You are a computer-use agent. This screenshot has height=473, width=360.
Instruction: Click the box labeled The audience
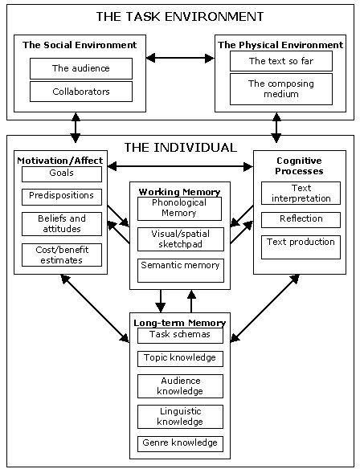click(81, 68)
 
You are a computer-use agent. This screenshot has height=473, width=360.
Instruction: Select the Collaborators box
click(81, 92)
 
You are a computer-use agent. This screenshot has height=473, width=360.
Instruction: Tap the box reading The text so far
click(281, 61)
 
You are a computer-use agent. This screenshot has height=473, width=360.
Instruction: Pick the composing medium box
click(281, 89)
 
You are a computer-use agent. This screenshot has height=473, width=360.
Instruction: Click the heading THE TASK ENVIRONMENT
click(180, 16)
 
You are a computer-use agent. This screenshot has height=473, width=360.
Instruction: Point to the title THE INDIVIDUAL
click(181, 148)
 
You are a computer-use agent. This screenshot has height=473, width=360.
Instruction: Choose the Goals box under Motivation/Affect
click(62, 174)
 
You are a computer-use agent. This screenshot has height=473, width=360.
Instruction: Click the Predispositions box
click(62, 197)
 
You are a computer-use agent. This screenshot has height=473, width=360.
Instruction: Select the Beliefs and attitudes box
click(62, 224)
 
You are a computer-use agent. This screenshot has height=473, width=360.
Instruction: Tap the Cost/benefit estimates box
click(62, 255)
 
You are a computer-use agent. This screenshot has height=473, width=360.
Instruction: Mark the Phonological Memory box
click(179, 209)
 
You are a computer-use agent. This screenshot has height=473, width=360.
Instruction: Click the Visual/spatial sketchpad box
click(181, 239)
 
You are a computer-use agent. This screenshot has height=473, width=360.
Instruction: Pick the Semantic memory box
click(181, 271)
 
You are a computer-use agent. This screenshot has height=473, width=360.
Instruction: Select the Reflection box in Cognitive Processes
click(301, 220)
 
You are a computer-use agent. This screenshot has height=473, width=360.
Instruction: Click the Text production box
click(301, 247)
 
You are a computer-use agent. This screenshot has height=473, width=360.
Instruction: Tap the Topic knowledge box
click(180, 359)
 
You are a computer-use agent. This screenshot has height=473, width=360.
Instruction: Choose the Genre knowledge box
click(180, 444)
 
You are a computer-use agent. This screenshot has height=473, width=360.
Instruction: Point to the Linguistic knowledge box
click(180, 417)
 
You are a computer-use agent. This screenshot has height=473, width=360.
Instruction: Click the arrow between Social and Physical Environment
click(180, 58)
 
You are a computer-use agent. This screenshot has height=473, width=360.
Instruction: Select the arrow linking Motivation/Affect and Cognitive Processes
click(180, 166)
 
